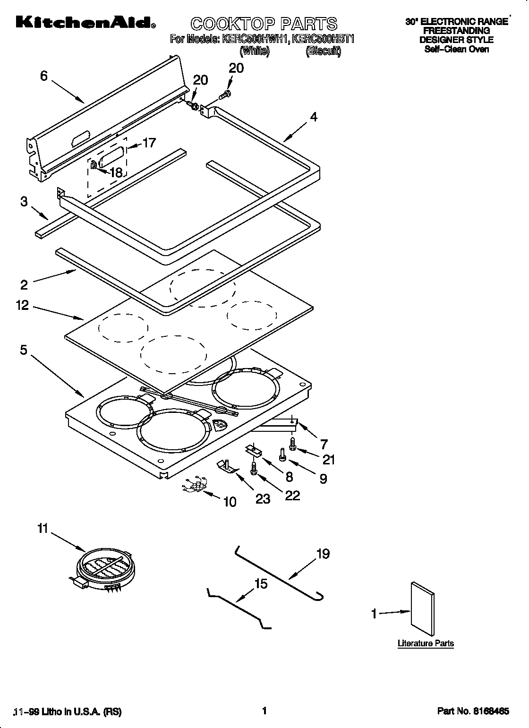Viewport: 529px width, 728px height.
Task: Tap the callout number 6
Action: coord(44,76)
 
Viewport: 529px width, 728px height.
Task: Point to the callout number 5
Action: coord(24,351)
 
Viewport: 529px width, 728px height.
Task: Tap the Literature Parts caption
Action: coord(425,643)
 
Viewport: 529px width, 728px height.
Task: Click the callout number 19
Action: coord(323,554)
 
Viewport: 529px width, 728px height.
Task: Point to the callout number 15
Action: coord(261,584)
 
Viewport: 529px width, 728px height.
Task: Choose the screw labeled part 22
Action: coord(254,469)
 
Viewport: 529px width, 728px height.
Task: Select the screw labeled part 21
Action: coord(292,443)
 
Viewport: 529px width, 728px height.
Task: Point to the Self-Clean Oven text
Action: coord(456,49)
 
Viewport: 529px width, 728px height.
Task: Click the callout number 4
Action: coord(314,117)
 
